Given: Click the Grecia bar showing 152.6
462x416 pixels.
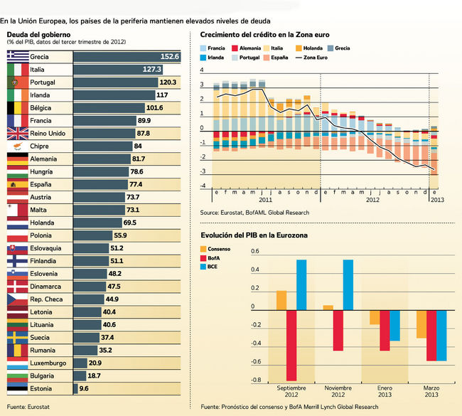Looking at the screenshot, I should [127, 57].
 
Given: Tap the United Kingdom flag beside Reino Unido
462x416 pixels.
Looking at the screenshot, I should [17, 134].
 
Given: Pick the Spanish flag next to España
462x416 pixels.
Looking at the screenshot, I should [17, 185].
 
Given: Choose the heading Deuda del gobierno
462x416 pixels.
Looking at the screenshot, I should [38, 33].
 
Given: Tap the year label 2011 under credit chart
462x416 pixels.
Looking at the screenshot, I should [265, 200].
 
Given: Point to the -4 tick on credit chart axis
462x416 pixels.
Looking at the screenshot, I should [203, 186].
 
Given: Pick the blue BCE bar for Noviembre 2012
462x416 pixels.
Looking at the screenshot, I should [348, 284].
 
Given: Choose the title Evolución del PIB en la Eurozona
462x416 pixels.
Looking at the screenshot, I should [254, 235].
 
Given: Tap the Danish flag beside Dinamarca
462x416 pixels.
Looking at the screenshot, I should [17, 287].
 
